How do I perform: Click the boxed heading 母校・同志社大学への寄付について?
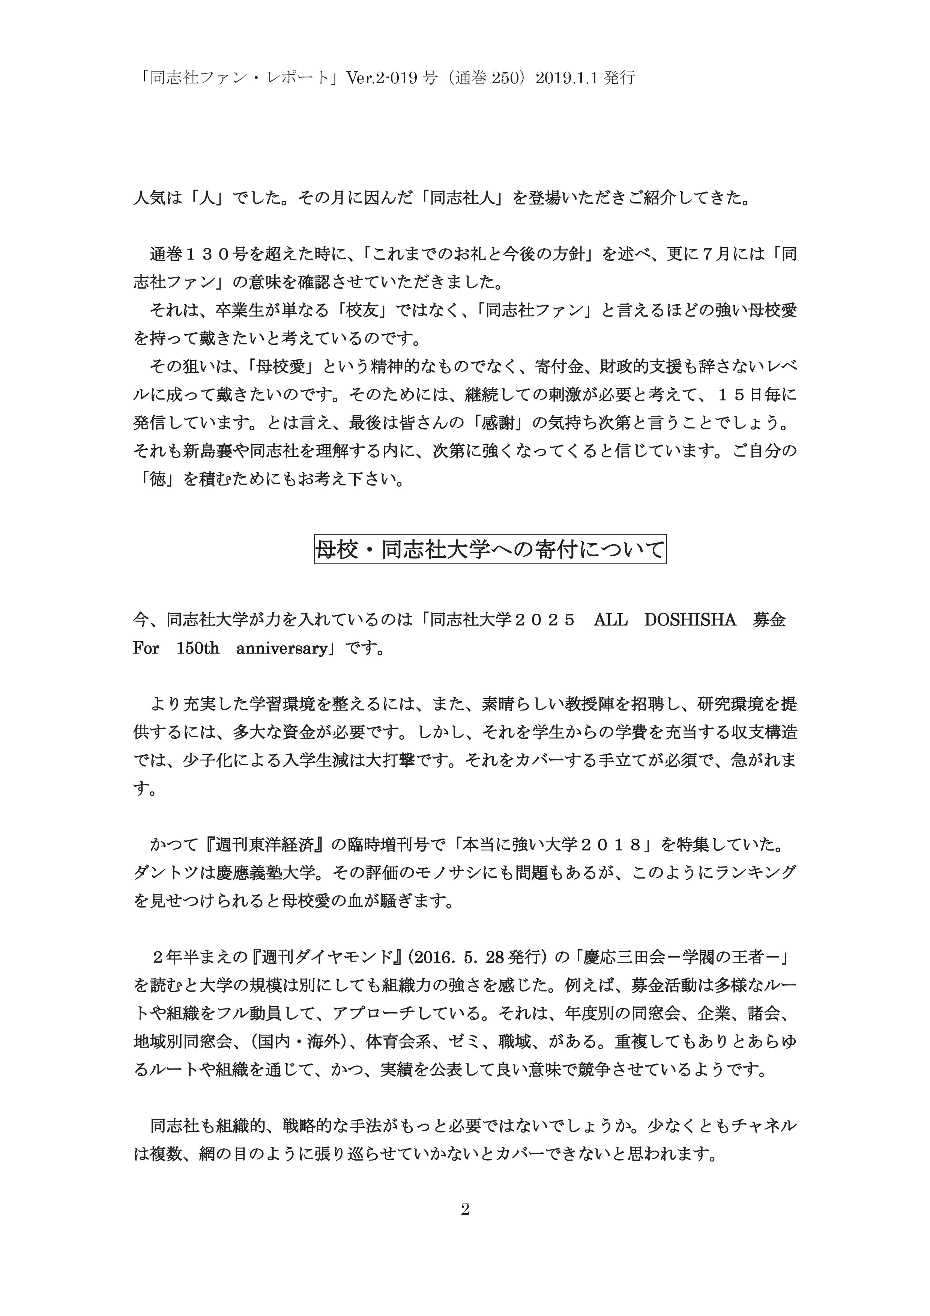(x=490, y=550)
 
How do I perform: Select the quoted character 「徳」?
(x=158, y=479)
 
